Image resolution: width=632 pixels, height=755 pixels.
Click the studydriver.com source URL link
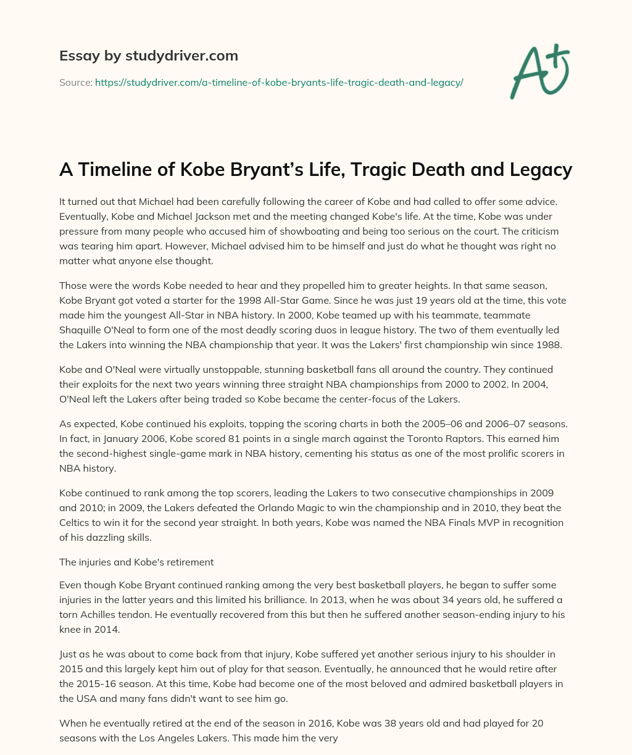click(x=279, y=82)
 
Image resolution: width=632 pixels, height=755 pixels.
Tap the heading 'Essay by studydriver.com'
click(x=148, y=56)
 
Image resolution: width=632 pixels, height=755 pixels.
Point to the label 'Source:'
click(x=75, y=82)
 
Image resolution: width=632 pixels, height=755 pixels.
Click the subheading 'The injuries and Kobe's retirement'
click(x=136, y=562)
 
